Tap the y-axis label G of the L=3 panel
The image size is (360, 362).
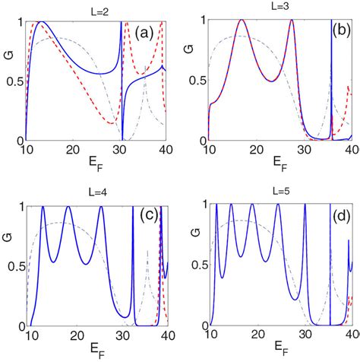click(188, 76)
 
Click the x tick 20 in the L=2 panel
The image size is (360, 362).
click(73, 150)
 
